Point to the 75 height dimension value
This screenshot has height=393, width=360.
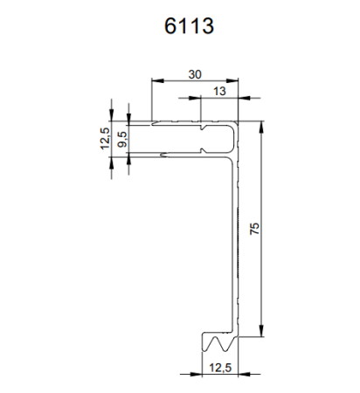(253, 229)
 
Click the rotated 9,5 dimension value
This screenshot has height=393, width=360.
(123, 138)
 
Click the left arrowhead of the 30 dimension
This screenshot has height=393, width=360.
(156, 83)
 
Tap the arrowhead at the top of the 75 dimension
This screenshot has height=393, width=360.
(261, 126)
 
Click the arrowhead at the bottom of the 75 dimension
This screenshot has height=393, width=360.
(261, 333)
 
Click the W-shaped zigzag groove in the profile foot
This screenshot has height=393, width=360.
(219, 338)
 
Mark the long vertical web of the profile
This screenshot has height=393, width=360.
(236, 236)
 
